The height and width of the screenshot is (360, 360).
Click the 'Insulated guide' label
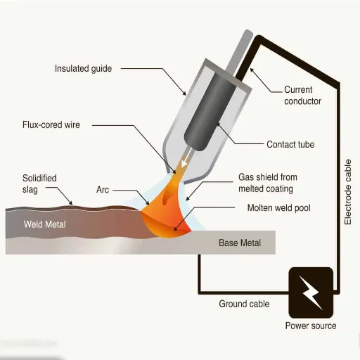point(83,69)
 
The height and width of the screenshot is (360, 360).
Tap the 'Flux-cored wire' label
point(51,124)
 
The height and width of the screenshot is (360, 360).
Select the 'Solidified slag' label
point(39,184)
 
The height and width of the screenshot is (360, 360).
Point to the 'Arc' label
point(103,190)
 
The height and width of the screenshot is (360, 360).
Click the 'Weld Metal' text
point(44,224)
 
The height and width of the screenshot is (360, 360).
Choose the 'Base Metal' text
point(240,243)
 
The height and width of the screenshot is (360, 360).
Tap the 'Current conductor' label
point(302,96)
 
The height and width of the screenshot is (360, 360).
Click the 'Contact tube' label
point(290,144)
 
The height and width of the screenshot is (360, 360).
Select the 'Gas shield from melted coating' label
point(268,183)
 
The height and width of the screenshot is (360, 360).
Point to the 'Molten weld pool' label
point(279,208)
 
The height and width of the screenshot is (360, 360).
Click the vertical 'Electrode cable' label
point(348,192)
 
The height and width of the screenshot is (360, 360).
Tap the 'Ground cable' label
point(244,304)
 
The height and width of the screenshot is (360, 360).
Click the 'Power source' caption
point(311,326)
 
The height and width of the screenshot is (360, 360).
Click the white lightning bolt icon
point(310,292)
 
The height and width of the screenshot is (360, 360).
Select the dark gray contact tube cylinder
point(210,112)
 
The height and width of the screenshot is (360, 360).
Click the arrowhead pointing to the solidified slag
point(70,202)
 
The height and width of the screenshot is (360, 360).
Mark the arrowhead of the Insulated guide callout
point(184,93)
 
